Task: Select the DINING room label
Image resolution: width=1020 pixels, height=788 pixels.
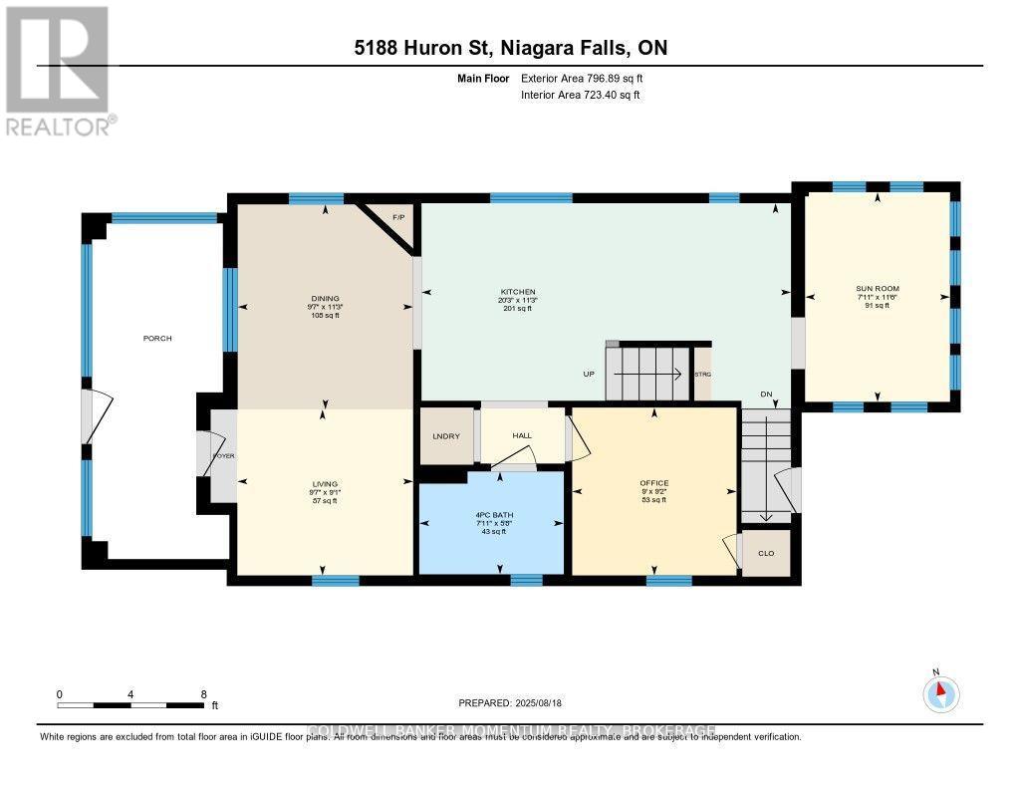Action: [x=325, y=298]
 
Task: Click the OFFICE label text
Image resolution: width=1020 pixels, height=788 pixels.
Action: [x=653, y=483]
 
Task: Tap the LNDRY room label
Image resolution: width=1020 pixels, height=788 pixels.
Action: [x=443, y=436]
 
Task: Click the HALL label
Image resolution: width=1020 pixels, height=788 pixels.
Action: [x=523, y=436]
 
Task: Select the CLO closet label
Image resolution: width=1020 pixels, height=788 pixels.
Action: [x=766, y=553]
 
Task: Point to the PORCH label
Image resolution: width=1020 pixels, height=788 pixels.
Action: [x=157, y=339]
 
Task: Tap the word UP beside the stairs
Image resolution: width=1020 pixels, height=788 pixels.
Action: [x=590, y=375]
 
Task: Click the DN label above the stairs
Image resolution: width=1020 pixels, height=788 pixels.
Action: [x=767, y=394]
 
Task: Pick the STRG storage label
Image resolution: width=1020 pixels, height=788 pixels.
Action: [x=703, y=376]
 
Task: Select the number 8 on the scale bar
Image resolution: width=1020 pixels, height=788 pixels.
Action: [x=203, y=693]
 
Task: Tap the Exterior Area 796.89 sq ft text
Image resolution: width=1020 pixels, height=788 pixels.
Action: [x=589, y=78]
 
